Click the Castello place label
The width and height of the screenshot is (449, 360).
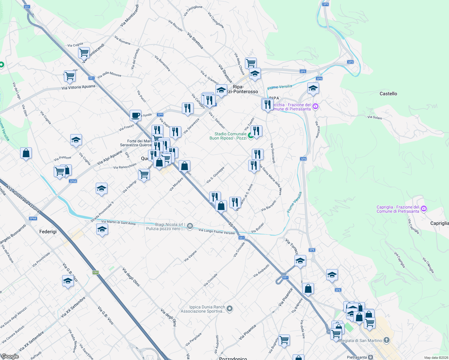(x=388, y=94)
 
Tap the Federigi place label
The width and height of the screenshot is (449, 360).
(x=48, y=232)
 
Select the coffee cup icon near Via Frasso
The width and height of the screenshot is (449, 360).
(x=135, y=115)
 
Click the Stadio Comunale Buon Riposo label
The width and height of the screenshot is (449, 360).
(x=228, y=136)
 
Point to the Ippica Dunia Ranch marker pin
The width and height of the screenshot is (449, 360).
(x=230, y=308)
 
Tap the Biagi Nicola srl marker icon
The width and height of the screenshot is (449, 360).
(x=190, y=226)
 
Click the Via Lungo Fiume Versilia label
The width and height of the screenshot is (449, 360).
(x=216, y=231)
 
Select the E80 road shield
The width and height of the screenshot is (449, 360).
(x=95, y=272)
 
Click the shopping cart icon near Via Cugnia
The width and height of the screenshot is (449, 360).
(x=84, y=52)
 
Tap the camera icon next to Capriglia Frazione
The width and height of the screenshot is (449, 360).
(x=424, y=208)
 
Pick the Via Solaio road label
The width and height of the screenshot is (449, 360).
(x=375, y=117)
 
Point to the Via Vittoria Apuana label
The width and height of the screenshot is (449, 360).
(x=78, y=87)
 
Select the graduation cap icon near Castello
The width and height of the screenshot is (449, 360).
(x=313, y=88)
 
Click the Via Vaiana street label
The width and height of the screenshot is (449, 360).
(x=190, y=256)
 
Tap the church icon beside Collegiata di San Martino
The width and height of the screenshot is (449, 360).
(x=387, y=340)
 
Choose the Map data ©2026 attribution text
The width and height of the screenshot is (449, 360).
(x=435, y=358)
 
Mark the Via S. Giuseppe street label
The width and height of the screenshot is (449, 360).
(x=215, y=175)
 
